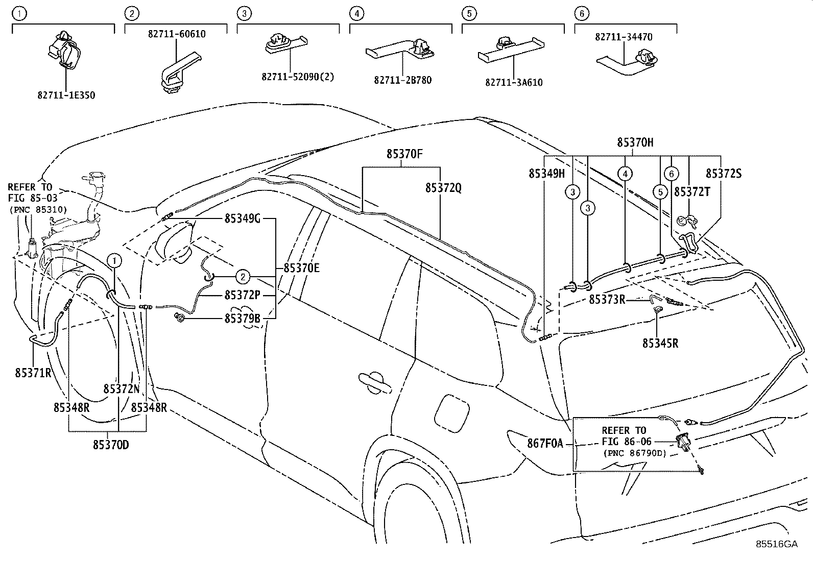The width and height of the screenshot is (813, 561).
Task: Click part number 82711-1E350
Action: tap(66, 95)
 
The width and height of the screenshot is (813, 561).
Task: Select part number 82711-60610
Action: tap(177, 34)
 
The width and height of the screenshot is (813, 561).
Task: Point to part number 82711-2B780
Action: tap(402, 80)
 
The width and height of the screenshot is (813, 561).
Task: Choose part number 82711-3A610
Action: tap(514, 82)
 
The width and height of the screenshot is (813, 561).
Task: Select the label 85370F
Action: tap(404, 154)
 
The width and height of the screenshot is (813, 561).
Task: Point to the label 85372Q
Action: tap(443, 188)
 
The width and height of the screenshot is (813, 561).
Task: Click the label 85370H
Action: tap(635, 142)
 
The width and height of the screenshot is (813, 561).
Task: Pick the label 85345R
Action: tap(660, 343)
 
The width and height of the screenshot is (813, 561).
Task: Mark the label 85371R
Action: tap(33, 373)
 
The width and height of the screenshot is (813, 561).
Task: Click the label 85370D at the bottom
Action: tap(111, 445)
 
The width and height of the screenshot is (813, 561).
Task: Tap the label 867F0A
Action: tap(544, 444)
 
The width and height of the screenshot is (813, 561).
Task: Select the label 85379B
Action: tap(243, 319)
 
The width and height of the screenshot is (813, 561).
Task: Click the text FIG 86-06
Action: tap(624, 442)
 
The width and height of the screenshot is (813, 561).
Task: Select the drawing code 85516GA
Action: tap(776, 544)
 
